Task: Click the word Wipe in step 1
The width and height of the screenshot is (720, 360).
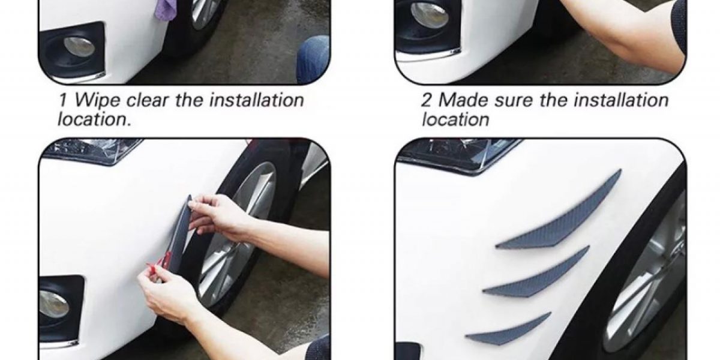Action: pyautogui.click(x=98, y=101)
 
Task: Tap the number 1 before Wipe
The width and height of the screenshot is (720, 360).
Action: pyautogui.click(x=63, y=100)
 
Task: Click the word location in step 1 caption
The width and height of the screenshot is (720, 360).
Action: pyautogui.click(x=94, y=119)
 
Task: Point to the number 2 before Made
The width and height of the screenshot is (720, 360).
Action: pyautogui.click(x=426, y=100)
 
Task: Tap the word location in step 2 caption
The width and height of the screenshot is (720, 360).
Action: pyautogui.click(x=455, y=119)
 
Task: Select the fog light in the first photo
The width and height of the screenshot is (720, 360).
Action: pyautogui.click(x=79, y=47)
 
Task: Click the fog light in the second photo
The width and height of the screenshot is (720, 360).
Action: pyautogui.click(x=429, y=14)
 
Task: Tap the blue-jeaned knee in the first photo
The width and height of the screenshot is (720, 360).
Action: pyautogui.click(x=313, y=59)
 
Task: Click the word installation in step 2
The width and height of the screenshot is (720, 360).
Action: pyautogui.click(x=621, y=100)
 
